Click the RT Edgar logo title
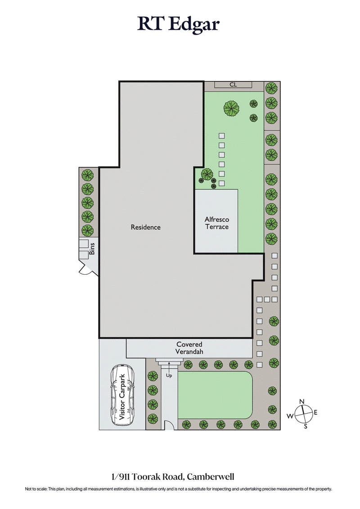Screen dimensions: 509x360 pyautogui.click(x=179, y=24)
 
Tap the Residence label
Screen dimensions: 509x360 pyautogui.click(x=145, y=227)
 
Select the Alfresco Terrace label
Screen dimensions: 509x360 pyautogui.click(x=217, y=223)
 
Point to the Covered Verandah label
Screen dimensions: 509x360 pyautogui.click(x=189, y=348)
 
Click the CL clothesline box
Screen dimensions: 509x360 pyautogui.click(x=233, y=85)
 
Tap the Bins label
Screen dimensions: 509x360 pyautogui.click(x=92, y=249)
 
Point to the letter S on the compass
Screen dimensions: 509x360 pyautogui.click(x=306, y=426)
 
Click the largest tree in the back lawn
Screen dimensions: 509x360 pyautogui.click(x=231, y=108)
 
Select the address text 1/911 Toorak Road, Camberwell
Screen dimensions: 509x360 pyautogui.click(x=179, y=477)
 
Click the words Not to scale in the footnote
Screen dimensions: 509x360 pyautogui.click(x=36, y=489)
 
